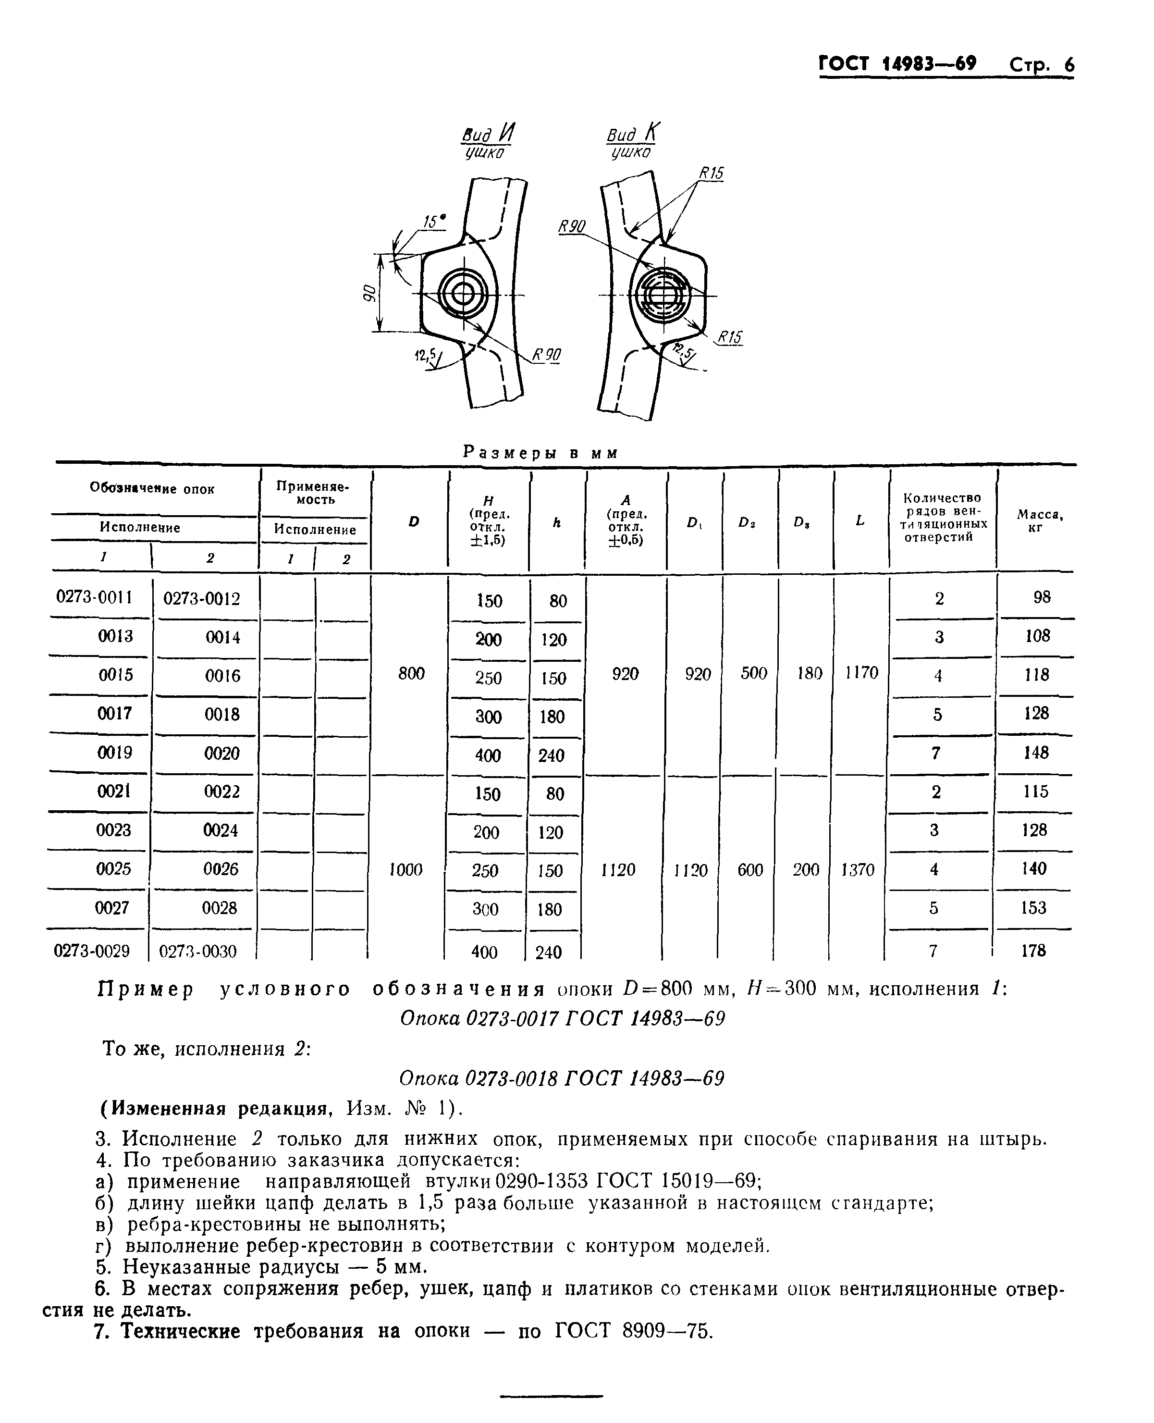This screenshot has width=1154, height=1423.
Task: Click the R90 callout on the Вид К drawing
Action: (x=572, y=227)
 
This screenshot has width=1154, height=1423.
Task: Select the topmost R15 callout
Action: (x=711, y=173)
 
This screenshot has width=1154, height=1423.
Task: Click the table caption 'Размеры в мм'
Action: (x=540, y=453)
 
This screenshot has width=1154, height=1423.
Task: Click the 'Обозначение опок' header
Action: (x=152, y=489)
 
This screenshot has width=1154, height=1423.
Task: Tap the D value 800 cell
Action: (x=411, y=674)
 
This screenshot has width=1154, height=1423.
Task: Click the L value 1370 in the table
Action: (x=858, y=870)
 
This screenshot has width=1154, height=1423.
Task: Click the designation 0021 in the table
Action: (x=114, y=792)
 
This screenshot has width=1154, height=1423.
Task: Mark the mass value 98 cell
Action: (x=1042, y=597)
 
